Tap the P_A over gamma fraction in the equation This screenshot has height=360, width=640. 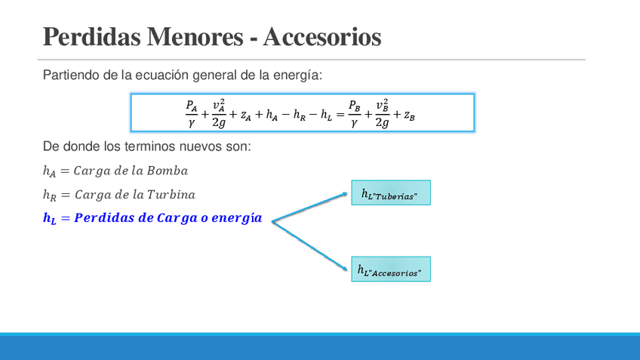(191, 112)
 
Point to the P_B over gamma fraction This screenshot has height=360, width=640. (354, 112)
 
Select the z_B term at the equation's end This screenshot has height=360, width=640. (409, 115)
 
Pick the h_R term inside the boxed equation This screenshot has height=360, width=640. (301, 115)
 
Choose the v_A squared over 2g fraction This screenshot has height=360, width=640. (218, 112)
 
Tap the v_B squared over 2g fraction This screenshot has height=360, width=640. (382, 112)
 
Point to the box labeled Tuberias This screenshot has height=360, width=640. (390, 193)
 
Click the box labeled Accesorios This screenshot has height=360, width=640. (390, 269)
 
